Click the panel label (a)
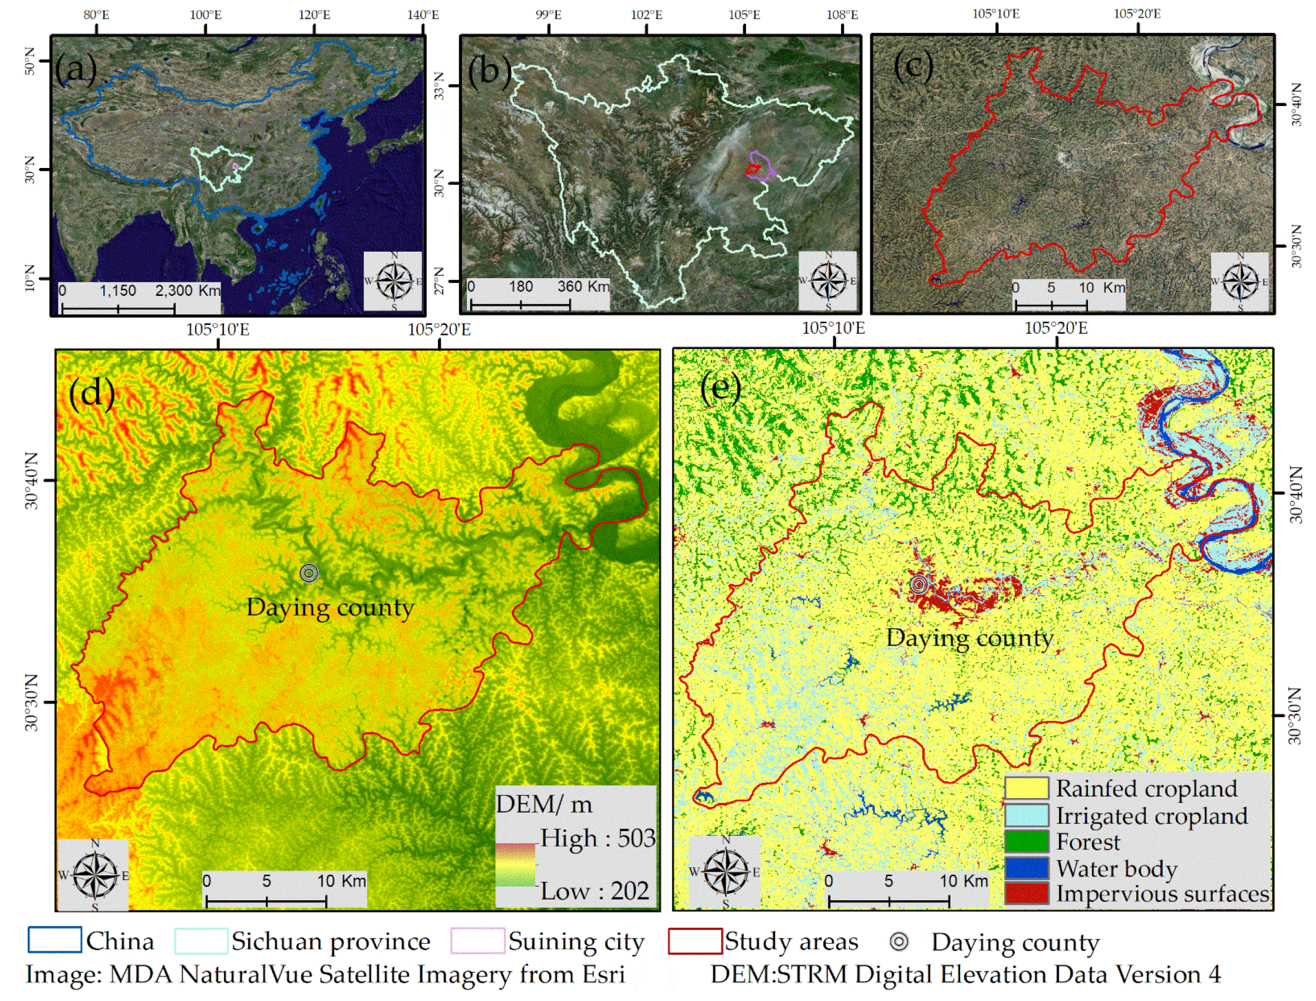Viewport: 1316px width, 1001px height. [75, 69]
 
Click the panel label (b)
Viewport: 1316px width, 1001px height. [489, 70]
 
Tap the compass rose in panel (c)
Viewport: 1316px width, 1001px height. [1241, 281]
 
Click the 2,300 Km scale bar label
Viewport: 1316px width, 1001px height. [187, 291]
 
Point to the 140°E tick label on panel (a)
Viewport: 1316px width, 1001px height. [423, 15]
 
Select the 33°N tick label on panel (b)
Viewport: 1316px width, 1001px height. [440, 86]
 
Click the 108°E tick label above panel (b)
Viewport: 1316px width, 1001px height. [842, 15]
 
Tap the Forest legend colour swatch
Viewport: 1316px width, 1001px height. [1026, 842]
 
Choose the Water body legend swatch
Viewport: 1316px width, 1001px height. [1026, 868]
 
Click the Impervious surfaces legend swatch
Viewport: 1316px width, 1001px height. [1026, 894]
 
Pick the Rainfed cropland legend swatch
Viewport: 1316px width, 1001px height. [1026, 788]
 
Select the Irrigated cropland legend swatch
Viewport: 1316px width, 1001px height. [1026, 815]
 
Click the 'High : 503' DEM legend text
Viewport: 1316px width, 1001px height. [598, 838]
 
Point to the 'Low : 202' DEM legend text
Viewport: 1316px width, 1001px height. [595, 891]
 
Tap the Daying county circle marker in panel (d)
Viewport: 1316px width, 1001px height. [309, 573]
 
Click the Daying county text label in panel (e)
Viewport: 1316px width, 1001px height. [969, 638]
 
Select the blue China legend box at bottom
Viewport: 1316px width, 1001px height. [55, 940]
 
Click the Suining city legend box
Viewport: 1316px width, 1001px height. [478, 941]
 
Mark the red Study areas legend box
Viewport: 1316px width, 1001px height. [695, 941]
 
